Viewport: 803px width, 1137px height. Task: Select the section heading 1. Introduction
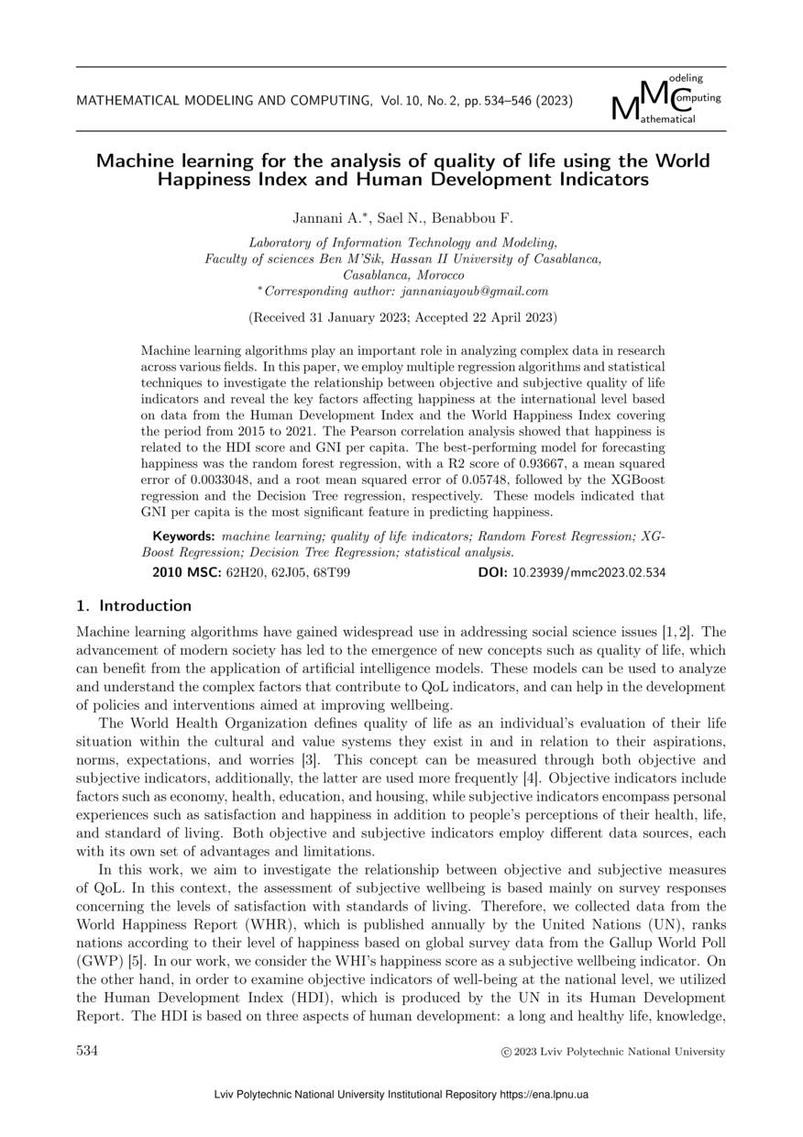(133, 606)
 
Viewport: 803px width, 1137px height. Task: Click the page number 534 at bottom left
(87, 1051)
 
